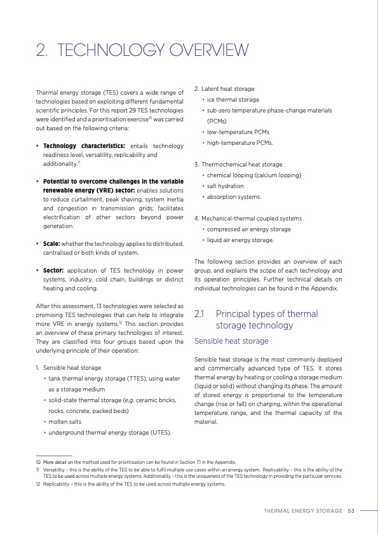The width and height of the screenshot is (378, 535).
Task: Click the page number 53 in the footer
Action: click(351, 510)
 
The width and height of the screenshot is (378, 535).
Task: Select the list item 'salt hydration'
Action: click(225, 186)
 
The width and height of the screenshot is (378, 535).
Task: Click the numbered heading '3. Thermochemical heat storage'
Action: click(238, 165)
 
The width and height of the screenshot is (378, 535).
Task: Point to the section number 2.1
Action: click(200, 314)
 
